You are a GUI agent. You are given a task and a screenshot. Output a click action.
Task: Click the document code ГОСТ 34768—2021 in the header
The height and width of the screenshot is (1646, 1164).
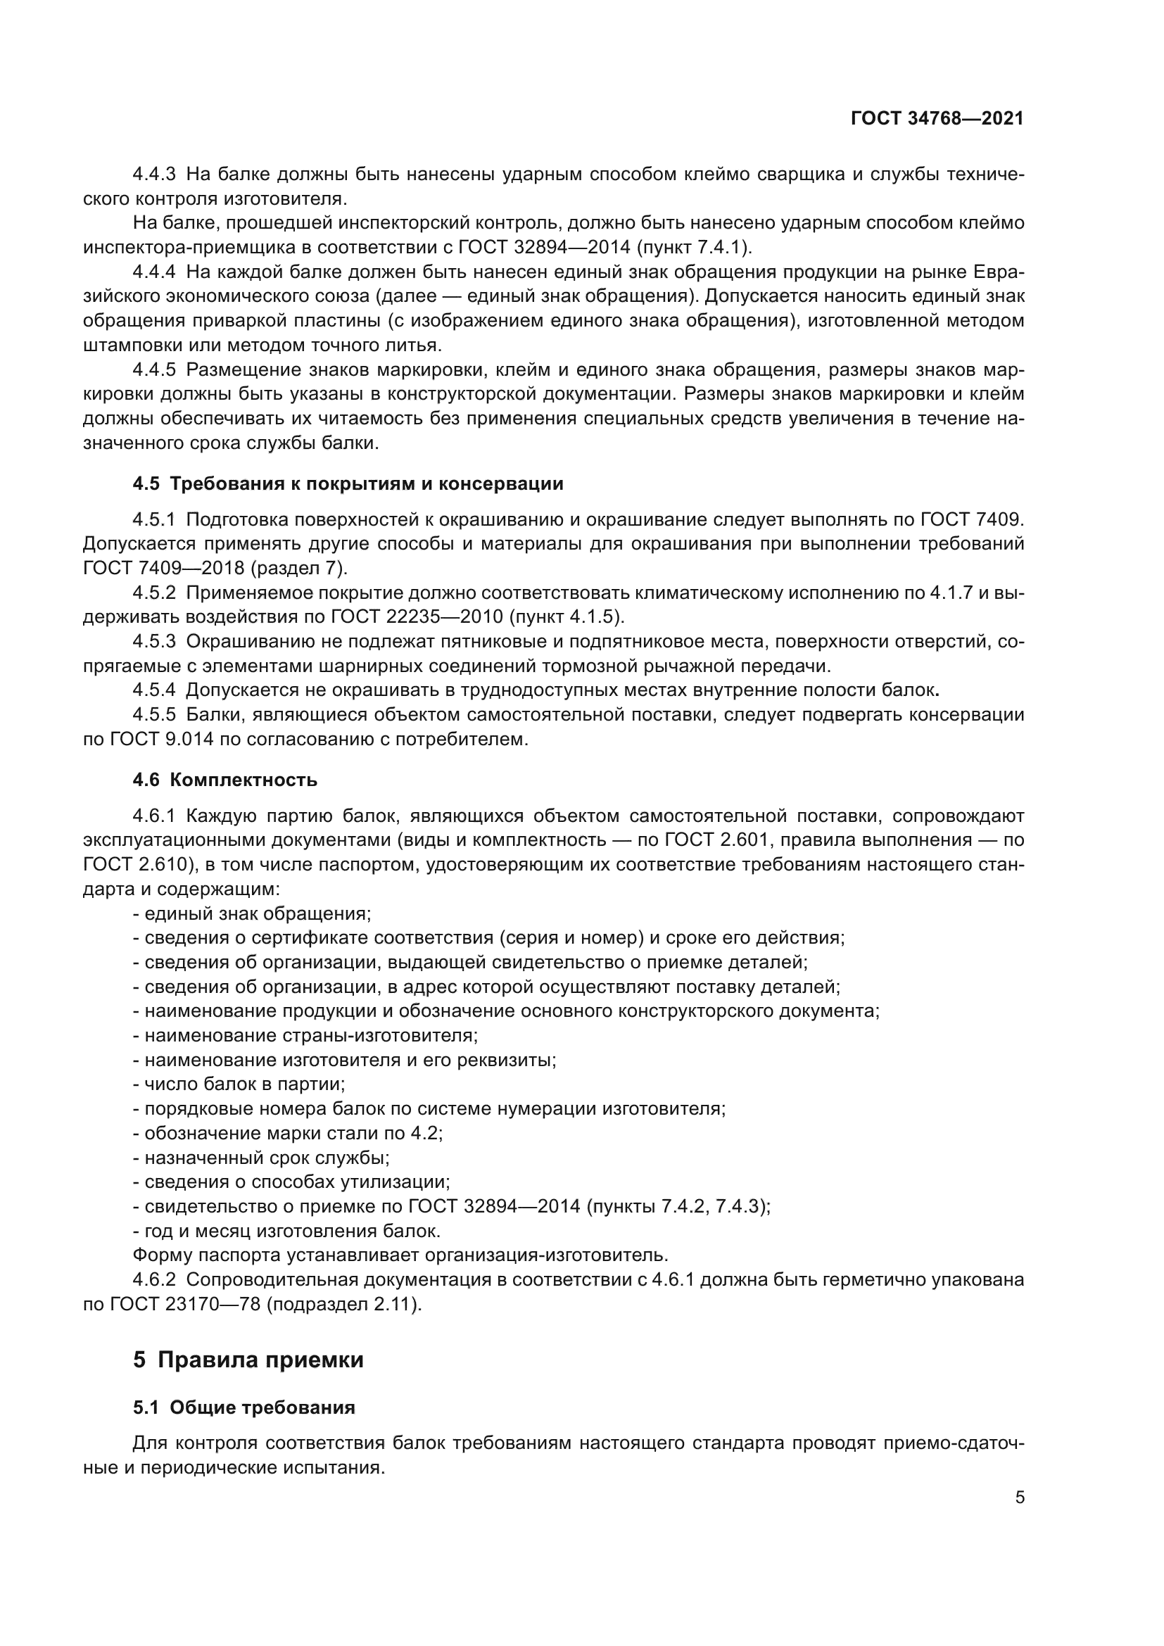tap(937, 118)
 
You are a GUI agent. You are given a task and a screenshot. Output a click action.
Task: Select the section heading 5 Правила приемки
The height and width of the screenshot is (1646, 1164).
tap(248, 1360)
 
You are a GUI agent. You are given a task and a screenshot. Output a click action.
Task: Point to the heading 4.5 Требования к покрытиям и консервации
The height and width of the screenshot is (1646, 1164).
tap(348, 483)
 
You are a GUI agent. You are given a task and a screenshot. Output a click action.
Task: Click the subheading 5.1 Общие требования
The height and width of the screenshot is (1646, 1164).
tap(243, 1407)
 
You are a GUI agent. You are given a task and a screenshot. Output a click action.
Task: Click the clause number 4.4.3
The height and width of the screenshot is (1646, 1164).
tap(154, 175)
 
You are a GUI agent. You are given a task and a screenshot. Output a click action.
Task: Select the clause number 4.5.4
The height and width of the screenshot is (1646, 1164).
tap(154, 690)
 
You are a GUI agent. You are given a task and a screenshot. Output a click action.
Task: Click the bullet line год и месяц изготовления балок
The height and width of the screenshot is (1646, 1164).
tap(287, 1231)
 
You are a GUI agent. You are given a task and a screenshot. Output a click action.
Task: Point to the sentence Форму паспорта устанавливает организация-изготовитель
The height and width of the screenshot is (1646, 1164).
tap(400, 1255)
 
